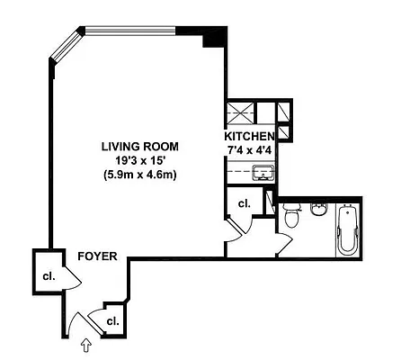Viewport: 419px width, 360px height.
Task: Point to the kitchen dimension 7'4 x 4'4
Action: click(248, 149)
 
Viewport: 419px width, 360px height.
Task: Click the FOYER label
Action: click(94, 256)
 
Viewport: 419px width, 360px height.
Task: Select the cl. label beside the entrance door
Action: click(113, 319)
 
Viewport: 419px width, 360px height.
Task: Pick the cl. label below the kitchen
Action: click(243, 204)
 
